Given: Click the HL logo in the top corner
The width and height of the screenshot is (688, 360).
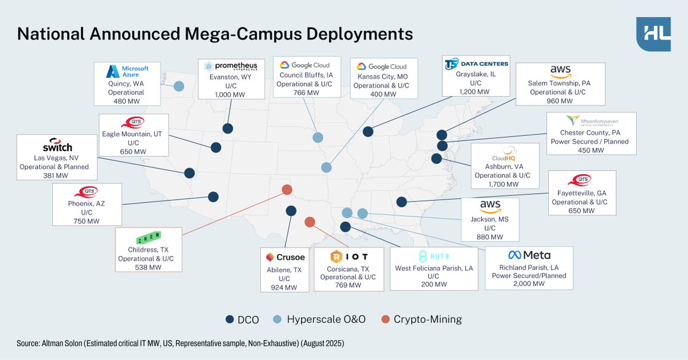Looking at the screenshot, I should click(654, 34).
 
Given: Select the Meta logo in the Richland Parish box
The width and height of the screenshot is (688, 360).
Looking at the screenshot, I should click(529, 255).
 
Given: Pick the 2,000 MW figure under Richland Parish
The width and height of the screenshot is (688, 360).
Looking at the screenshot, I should click(529, 284).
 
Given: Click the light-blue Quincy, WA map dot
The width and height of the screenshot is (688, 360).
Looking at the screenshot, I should click(179, 87).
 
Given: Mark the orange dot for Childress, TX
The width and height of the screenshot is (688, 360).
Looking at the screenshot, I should click(287, 190).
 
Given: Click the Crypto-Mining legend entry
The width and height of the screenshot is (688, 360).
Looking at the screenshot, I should click(427, 320).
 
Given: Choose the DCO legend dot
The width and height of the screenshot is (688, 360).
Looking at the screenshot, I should click(230, 320).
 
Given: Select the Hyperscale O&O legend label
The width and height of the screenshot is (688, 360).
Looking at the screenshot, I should click(326, 320).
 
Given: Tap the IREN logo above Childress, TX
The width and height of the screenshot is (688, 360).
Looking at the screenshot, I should click(148, 237).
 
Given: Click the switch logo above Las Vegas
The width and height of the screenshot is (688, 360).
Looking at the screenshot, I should click(53, 144).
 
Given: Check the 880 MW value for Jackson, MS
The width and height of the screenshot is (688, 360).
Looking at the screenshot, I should click(490, 237).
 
